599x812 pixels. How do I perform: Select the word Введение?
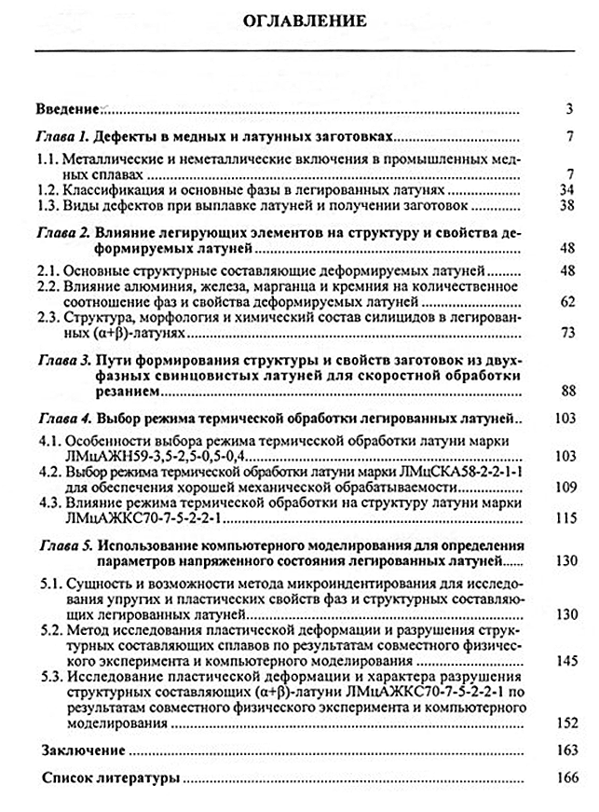(x=66, y=108)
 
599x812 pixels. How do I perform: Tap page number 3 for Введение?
(x=567, y=108)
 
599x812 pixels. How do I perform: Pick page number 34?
(x=562, y=190)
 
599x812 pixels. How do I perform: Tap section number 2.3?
(x=47, y=318)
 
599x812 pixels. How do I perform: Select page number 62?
(x=562, y=303)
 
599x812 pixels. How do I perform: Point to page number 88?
(x=562, y=391)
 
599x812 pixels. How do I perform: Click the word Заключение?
(x=84, y=750)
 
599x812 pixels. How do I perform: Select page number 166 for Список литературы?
(x=559, y=778)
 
